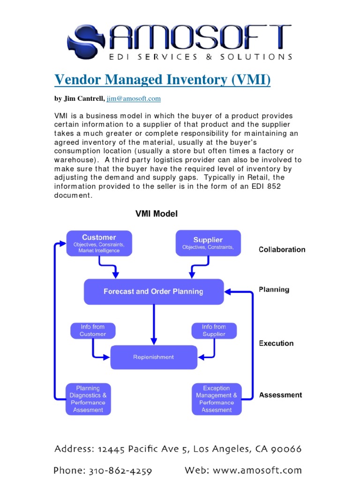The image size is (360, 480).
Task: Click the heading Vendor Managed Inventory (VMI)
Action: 163,80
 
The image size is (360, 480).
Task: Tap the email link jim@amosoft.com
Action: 134,98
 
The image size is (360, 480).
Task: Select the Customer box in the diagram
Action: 99,243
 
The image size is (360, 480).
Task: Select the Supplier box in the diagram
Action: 208,243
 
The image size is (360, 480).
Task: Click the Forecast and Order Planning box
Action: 153,292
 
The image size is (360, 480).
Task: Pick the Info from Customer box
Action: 92,330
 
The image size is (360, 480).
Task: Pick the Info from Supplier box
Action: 214,330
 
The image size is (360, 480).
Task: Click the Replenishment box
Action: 154,357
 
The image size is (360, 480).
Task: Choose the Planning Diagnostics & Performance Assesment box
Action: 88,399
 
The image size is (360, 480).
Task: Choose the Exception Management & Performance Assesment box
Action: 217,399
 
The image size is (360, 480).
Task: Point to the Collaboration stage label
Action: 282,250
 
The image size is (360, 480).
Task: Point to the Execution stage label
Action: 276,343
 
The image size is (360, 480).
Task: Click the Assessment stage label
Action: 280,395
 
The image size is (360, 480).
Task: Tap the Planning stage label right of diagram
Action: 274,290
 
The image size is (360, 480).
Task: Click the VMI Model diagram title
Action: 157,214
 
